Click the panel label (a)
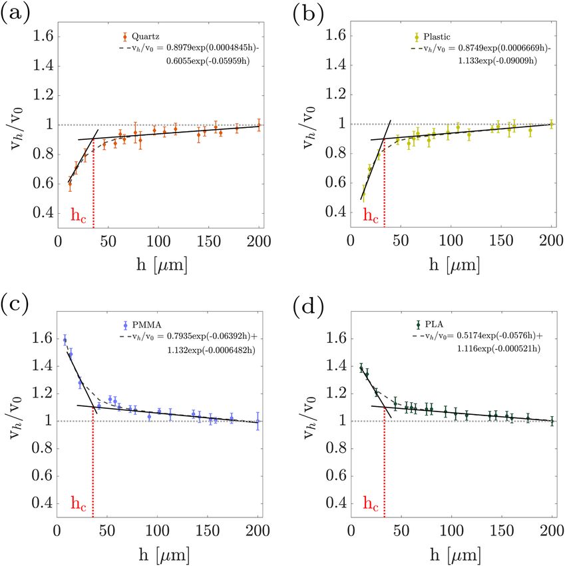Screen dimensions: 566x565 [15, 15]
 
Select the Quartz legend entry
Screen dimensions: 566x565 [142, 37]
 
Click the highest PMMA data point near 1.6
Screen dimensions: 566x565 [65, 340]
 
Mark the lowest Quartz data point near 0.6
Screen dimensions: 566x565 [69, 184]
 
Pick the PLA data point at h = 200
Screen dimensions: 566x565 [552, 421]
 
